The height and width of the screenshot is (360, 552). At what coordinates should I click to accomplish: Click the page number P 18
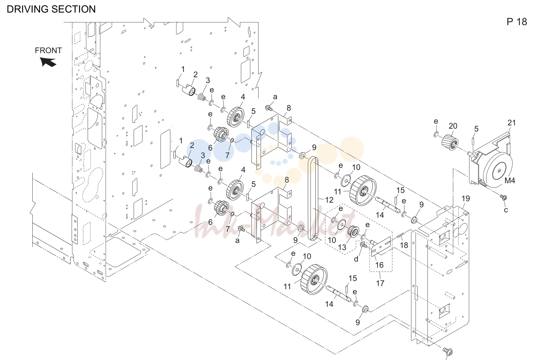[516, 22]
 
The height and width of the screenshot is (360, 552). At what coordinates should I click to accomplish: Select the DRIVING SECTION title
[51, 9]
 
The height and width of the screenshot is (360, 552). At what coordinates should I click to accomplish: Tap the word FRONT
[48, 50]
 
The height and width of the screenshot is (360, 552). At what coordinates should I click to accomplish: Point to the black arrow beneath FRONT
[48, 62]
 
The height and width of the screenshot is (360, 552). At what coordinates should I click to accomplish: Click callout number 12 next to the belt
[329, 200]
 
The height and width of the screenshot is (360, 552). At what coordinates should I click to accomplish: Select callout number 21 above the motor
[511, 123]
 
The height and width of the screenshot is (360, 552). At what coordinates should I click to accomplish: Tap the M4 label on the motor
[510, 180]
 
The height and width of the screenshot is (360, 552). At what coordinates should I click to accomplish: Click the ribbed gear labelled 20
[450, 142]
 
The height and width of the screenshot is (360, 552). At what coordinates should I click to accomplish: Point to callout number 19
[465, 198]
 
